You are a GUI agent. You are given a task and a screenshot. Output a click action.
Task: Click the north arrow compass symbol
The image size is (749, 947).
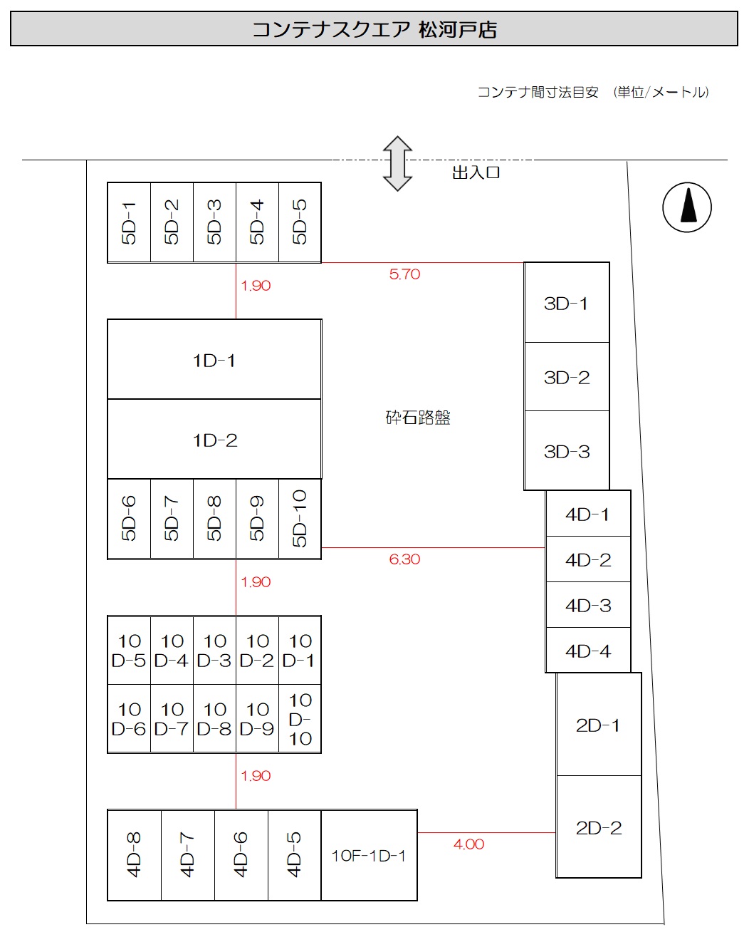(x=687, y=207)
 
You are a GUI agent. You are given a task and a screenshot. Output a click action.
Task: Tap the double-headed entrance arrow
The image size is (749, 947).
(x=397, y=164)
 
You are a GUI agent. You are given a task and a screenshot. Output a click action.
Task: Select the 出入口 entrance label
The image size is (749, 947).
(x=476, y=173)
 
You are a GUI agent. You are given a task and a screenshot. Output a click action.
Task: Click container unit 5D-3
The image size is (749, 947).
(x=214, y=222)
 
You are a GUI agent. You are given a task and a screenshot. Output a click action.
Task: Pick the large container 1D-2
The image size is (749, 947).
(x=214, y=440)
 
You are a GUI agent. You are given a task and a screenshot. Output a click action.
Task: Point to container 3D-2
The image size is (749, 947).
(x=567, y=377)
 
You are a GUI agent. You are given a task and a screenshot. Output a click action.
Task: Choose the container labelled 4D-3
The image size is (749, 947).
(x=588, y=605)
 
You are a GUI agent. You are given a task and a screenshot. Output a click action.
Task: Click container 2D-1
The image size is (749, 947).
(x=598, y=725)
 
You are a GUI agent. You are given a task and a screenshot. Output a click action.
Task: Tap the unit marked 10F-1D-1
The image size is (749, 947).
(x=369, y=855)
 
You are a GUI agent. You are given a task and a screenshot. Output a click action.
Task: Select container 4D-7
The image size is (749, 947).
(x=188, y=855)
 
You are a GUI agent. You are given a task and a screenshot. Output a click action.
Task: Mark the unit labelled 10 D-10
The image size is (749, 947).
(x=300, y=719)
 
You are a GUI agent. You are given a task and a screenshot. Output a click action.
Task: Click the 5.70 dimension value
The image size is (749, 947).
(x=404, y=274)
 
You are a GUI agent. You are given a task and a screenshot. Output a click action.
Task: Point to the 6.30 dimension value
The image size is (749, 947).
(x=404, y=559)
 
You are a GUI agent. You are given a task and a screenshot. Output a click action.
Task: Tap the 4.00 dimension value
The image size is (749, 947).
(x=468, y=844)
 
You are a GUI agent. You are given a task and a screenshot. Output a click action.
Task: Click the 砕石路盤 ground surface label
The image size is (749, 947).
(x=418, y=418)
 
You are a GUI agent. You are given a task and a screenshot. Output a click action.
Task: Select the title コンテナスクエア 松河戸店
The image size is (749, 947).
(x=374, y=30)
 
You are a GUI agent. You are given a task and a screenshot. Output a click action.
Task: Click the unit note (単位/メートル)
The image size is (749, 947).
(x=661, y=92)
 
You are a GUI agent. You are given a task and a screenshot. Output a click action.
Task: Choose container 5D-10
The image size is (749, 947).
(x=300, y=519)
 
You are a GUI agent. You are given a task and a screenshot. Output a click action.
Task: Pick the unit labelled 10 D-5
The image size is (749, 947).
(x=129, y=651)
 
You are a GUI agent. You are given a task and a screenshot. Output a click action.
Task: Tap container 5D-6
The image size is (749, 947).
(x=129, y=519)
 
